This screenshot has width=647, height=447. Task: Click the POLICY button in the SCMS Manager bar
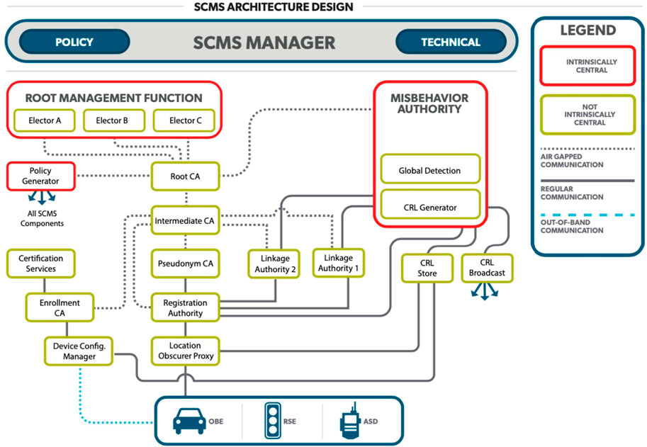pyautogui.click(x=74, y=42)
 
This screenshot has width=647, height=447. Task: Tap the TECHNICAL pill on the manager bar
pyautogui.click(x=451, y=42)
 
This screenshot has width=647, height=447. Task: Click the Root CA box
pyautogui.click(x=185, y=176)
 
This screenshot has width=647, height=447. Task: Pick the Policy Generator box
pyautogui.click(x=41, y=176)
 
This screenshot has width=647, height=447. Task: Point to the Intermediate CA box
pyautogui.click(x=185, y=220)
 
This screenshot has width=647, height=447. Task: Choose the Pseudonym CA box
pyautogui.click(x=185, y=264)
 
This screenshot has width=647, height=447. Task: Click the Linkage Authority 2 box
pyautogui.click(x=274, y=264)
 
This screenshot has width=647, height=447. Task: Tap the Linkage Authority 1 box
pyautogui.click(x=338, y=263)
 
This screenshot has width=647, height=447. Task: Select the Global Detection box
pyautogui.click(x=430, y=169)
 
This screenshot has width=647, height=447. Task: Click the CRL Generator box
pyautogui.click(x=430, y=204)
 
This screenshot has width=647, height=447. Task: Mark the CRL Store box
pyautogui.click(x=427, y=268)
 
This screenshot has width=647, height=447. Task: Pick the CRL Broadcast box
pyautogui.click(x=487, y=268)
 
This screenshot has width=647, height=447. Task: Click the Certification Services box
pyautogui.click(x=41, y=264)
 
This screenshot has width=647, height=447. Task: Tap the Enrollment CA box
pyautogui.click(x=60, y=307)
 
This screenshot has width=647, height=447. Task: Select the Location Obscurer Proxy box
pyautogui.click(x=185, y=351)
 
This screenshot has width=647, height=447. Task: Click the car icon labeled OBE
pyautogui.click(x=189, y=421)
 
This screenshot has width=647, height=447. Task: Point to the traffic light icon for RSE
pyautogui.click(x=273, y=421)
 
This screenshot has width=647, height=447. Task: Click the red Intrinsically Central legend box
pyautogui.click(x=588, y=66)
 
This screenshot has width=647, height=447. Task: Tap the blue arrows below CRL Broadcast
pyautogui.click(x=485, y=291)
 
